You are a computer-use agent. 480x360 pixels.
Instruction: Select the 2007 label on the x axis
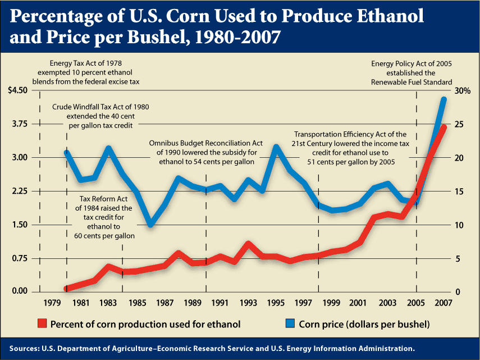point(444,304)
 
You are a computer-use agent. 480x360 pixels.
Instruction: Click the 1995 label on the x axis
point(276,304)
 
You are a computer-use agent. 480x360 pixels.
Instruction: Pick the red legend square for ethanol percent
point(42,324)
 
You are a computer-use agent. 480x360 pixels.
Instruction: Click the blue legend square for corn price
point(290,324)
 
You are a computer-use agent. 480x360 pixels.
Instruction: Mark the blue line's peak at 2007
point(444,99)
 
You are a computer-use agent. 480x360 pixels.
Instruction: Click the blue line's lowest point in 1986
point(150,225)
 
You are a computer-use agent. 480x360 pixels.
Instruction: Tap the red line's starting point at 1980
point(67,289)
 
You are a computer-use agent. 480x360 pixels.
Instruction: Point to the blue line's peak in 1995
point(276,147)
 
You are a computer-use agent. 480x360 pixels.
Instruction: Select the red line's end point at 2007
point(444,127)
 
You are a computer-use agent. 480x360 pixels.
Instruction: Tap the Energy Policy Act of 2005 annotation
point(412,72)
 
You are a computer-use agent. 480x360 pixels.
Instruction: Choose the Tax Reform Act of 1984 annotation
point(104,217)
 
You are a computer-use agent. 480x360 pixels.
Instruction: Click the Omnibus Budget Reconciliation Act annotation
point(205,152)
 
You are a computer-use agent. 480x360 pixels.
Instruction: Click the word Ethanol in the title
point(379,17)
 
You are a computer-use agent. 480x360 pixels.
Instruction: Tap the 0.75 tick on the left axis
point(17,258)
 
